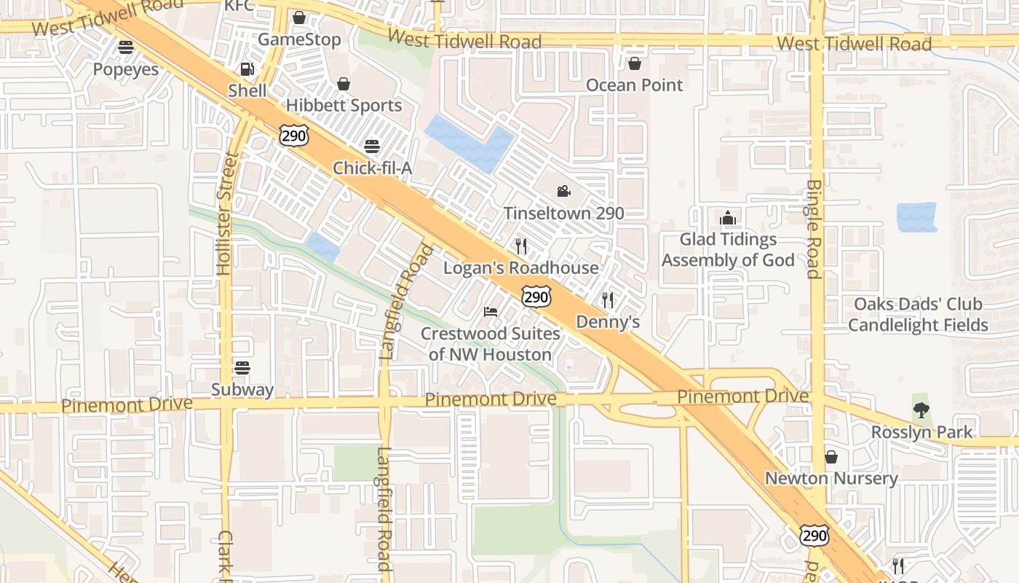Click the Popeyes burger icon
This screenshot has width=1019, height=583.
point(126,47)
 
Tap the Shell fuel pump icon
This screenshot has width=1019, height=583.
point(247,69)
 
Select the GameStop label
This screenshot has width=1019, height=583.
point(299,39)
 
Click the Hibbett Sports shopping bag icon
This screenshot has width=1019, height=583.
point(344,84)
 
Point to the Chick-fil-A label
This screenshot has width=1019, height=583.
point(372,168)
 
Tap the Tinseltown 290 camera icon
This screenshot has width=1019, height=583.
point(563,192)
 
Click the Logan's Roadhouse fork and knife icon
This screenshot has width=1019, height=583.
point(521,246)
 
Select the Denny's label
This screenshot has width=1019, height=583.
point(608,321)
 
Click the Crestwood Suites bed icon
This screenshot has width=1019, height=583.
point(491,312)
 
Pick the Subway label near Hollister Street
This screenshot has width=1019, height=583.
point(242,389)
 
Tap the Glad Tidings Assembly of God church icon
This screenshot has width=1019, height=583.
point(728,218)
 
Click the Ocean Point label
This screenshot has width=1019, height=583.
point(635,85)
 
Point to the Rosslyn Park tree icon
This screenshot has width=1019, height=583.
point(921,410)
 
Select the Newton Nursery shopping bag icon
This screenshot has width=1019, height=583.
point(831,457)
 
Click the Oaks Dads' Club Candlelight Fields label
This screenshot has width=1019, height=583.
point(918,314)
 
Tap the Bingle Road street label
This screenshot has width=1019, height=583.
point(814,229)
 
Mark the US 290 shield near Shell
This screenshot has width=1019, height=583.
point(294,135)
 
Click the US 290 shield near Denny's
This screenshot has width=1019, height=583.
point(536,297)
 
